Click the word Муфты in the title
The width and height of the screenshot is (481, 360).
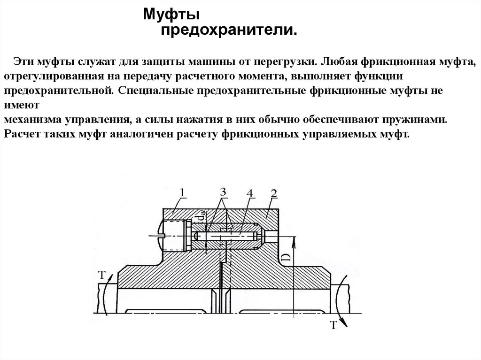[x=163, y=15]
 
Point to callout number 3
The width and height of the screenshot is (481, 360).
[x=223, y=191]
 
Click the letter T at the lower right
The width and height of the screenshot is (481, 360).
[x=334, y=325]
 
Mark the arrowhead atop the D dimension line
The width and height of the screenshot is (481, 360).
[x=295, y=241]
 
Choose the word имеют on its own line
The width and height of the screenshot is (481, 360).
[x=19, y=105]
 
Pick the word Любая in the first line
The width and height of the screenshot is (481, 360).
[x=340, y=62]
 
